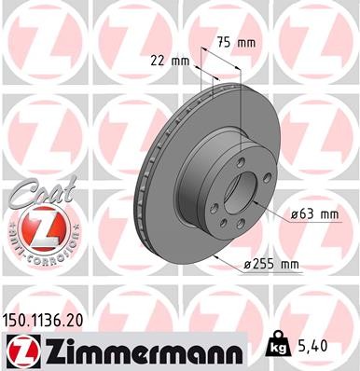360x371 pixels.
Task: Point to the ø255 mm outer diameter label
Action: coord(270,265)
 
